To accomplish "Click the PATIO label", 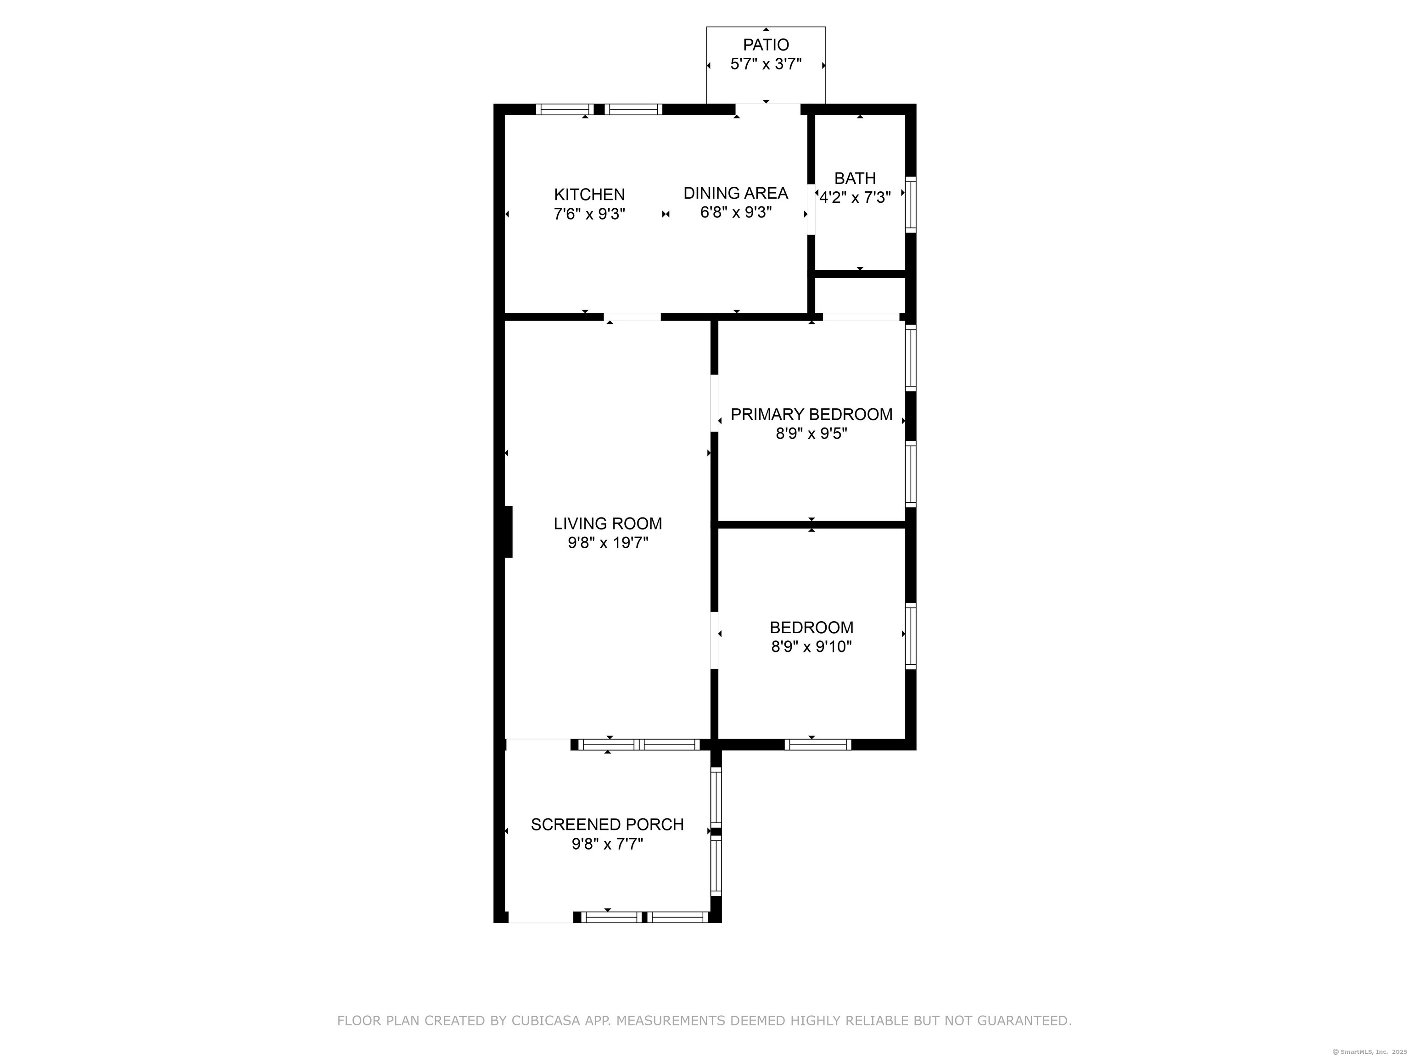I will click(766, 45).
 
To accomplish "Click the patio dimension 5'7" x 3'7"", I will click(766, 64).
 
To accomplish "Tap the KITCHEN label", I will click(589, 195).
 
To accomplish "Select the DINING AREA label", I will click(736, 193).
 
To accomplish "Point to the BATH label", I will click(855, 178).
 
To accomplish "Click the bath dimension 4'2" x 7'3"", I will click(855, 198).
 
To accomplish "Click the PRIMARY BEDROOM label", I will click(811, 415).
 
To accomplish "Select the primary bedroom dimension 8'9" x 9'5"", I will click(811, 434).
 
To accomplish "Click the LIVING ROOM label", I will click(608, 524).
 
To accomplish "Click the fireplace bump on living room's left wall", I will click(508, 531).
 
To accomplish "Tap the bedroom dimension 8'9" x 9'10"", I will click(811, 647).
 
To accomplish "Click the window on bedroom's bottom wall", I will click(817, 744).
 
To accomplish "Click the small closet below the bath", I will click(860, 295).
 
